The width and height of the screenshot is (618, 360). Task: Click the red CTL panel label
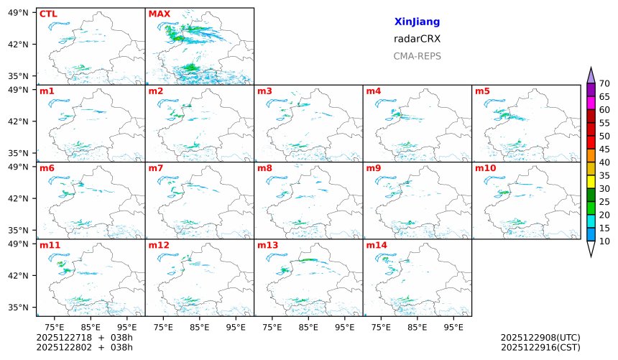pyautogui.click(x=48, y=14)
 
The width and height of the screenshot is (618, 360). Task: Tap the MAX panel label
pyautogui.click(x=158, y=14)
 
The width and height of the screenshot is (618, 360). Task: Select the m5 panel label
pyautogui.click(x=482, y=91)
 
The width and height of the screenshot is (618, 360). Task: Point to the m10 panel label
pyautogui.click(x=485, y=168)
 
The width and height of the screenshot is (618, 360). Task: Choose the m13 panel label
pyautogui.click(x=267, y=245)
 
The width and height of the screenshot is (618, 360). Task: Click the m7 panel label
pyautogui.click(x=156, y=168)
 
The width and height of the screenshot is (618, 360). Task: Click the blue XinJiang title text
pyautogui.click(x=417, y=22)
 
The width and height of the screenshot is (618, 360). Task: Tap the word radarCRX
pyautogui.click(x=417, y=39)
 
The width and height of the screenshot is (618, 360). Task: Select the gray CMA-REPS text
pyautogui.click(x=417, y=56)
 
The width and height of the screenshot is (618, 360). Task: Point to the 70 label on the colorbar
pyautogui.click(x=604, y=84)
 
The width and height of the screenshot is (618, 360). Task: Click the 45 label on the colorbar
pyautogui.click(x=604, y=149)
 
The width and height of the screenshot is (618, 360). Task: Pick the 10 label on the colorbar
pyautogui.click(x=604, y=241)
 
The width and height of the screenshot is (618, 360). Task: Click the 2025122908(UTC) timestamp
pyautogui.click(x=540, y=337)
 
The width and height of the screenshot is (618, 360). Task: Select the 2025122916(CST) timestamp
pyautogui.click(x=540, y=347)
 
